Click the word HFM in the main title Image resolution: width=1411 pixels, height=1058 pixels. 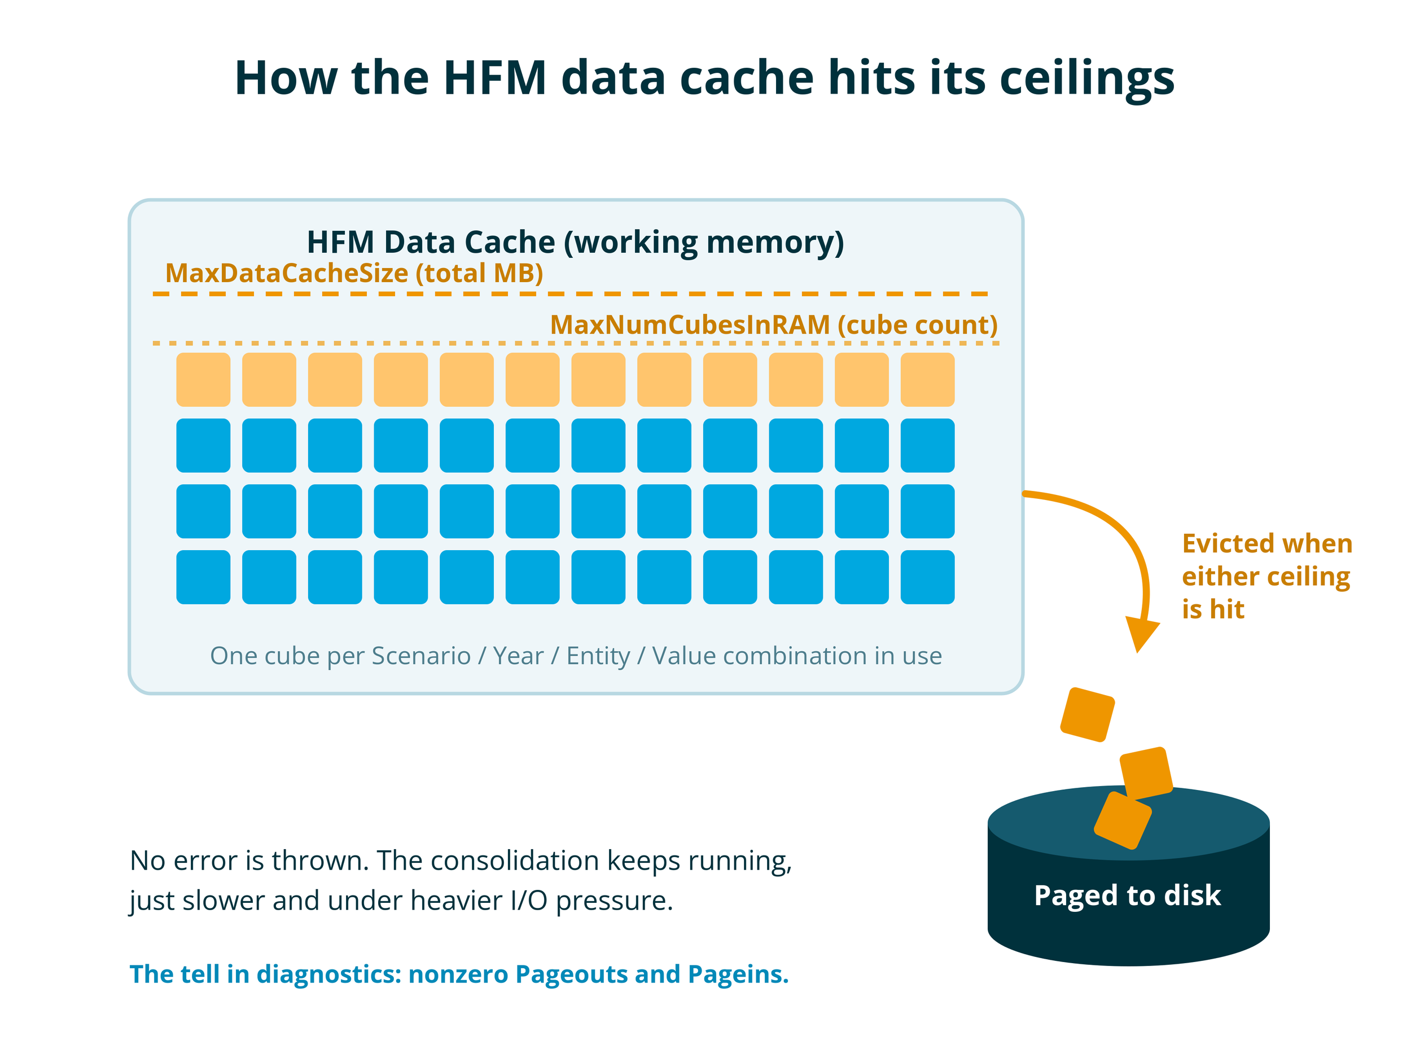(495, 78)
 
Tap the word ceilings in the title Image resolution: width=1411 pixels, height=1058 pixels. (1087, 80)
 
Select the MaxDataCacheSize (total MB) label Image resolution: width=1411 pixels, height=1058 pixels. (354, 273)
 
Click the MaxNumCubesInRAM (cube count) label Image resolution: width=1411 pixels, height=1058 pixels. (774, 324)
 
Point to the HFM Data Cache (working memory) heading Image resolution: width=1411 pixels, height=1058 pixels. (575, 242)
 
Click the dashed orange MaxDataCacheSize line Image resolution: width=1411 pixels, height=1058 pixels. (570, 294)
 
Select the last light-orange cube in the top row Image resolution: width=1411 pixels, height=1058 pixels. (927, 379)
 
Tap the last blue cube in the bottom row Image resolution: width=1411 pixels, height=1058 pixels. (927, 577)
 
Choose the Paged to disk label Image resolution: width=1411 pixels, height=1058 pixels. (1127, 895)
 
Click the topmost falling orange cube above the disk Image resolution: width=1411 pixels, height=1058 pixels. (1088, 714)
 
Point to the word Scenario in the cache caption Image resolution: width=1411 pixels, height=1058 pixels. (421, 656)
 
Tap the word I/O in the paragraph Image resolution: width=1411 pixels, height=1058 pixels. (529, 901)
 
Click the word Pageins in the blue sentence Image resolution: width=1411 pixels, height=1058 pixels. (738, 974)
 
